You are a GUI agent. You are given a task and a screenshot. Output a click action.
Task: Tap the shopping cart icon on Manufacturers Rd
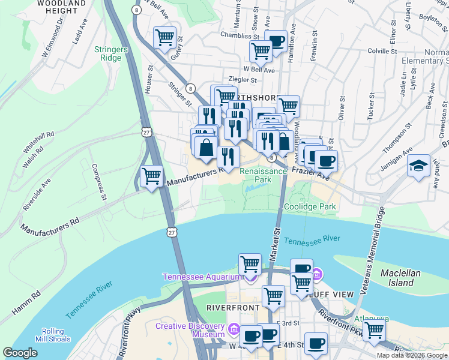tap(151, 177)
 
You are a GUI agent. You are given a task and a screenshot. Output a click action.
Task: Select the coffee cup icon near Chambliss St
tap(276, 41)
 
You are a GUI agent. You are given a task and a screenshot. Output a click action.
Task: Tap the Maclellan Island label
tap(405, 278)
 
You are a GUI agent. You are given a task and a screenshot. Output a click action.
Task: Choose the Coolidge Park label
tap(309, 206)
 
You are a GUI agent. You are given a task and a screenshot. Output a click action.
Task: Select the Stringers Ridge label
tap(109, 53)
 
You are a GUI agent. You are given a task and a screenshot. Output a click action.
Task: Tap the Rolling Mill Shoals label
tap(57, 336)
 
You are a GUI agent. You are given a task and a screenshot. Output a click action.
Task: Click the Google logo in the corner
tap(20, 353)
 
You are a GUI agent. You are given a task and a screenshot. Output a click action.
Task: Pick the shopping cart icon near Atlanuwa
tap(374, 329)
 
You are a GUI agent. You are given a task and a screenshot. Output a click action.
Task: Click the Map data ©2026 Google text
tap(411, 355)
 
